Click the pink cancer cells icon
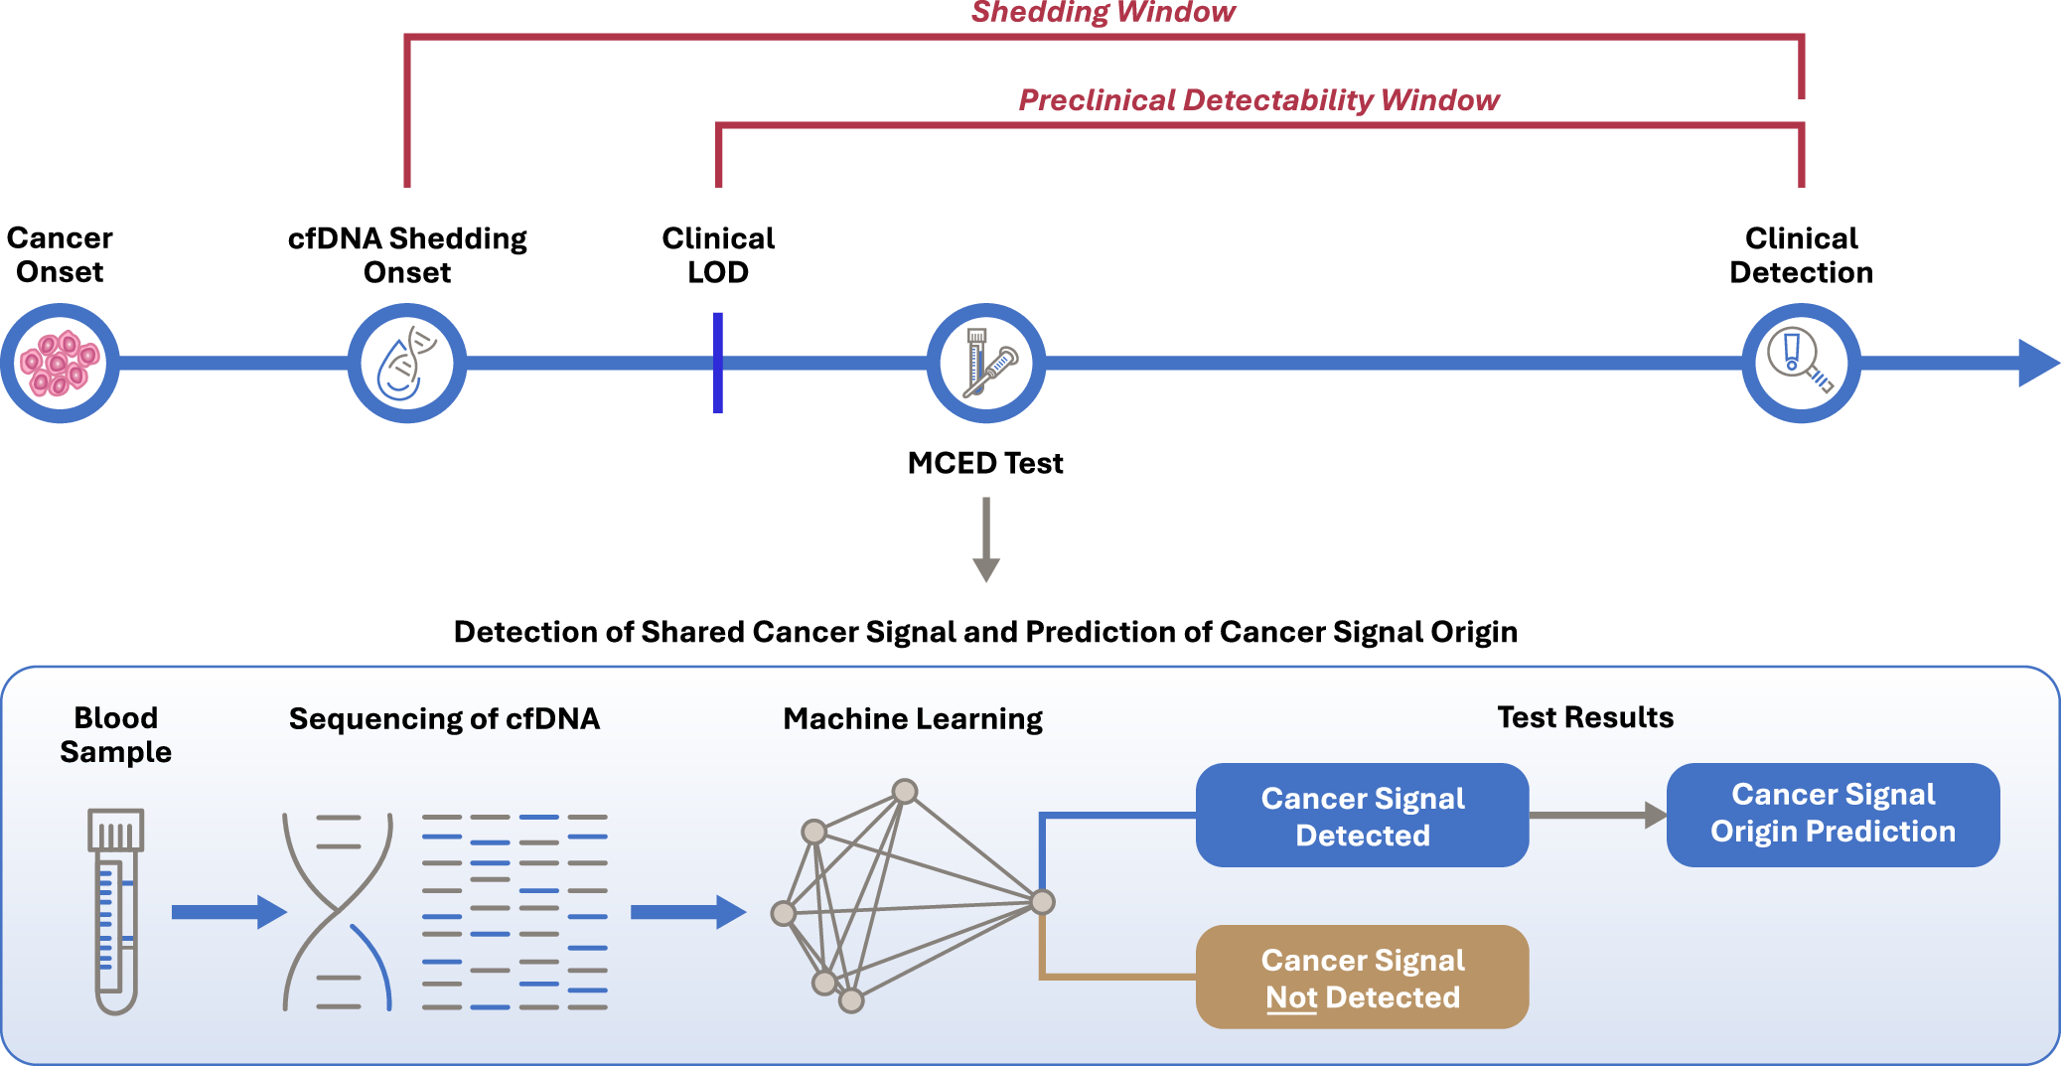(x=60, y=364)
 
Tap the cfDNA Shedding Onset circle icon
(x=406, y=364)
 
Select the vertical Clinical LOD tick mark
(x=717, y=364)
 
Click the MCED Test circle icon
(x=985, y=364)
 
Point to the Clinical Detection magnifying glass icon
(x=1800, y=364)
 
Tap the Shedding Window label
(x=1103, y=13)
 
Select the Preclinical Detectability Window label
(x=1258, y=100)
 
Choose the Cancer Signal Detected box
(x=1362, y=816)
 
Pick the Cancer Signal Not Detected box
(x=1362, y=978)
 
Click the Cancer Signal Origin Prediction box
(x=1833, y=814)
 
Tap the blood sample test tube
(x=116, y=910)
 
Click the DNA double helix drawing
(x=338, y=911)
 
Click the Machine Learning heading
(x=912, y=718)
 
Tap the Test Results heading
(x=1585, y=717)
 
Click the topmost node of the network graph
(x=904, y=792)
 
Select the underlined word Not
(x=1290, y=997)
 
